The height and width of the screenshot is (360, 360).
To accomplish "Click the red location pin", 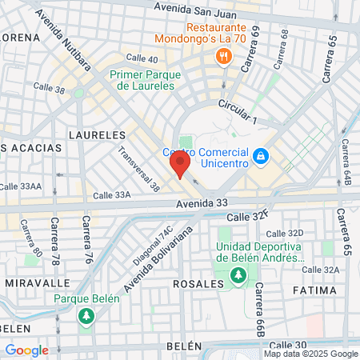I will [178, 166].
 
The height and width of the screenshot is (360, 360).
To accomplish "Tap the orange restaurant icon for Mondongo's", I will [222, 56].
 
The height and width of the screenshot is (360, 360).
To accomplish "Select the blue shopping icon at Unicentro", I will [260, 155].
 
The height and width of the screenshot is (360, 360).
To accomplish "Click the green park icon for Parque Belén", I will [86, 316].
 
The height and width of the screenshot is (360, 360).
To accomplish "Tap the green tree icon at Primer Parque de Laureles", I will [78, 94].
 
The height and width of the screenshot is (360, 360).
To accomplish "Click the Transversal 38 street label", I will [138, 169].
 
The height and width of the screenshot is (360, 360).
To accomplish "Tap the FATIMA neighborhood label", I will [315, 289].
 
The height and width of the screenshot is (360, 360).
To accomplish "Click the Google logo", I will [26, 350].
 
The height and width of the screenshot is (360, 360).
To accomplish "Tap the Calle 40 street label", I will [142, 58].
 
